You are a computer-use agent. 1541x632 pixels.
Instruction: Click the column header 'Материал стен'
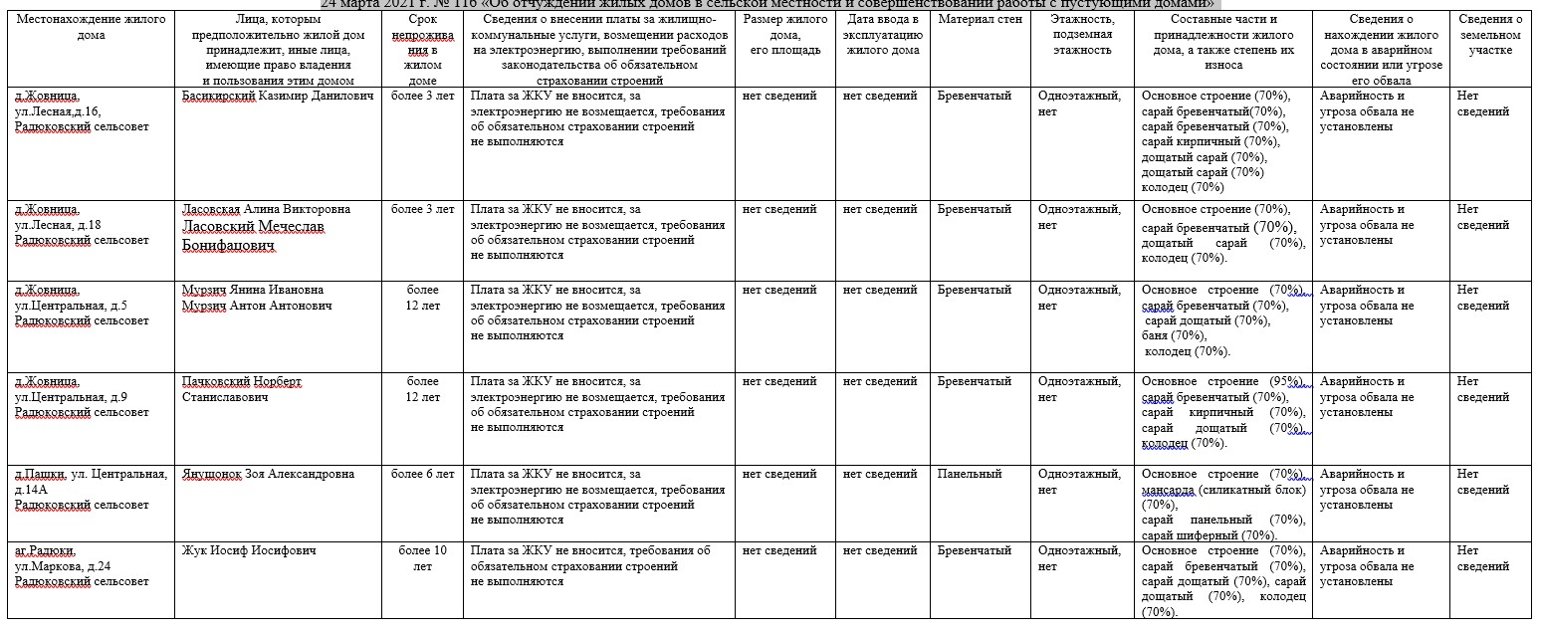tap(980, 20)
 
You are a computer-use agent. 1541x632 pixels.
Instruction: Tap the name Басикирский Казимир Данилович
tap(278, 97)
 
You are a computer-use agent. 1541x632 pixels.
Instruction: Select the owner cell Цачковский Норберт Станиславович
tap(241, 389)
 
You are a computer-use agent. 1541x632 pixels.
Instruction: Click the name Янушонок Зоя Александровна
tap(268, 475)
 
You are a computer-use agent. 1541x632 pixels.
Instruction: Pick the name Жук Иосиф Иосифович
tap(249, 551)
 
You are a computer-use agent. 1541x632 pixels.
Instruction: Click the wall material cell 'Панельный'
tap(969, 475)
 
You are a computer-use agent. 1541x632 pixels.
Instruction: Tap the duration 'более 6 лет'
tap(422, 475)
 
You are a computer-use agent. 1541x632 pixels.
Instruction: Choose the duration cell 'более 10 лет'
tap(422, 558)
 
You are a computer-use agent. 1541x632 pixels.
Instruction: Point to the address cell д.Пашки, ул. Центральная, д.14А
tap(91, 490)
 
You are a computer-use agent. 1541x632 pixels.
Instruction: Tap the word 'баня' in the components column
tap(1154, 336)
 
